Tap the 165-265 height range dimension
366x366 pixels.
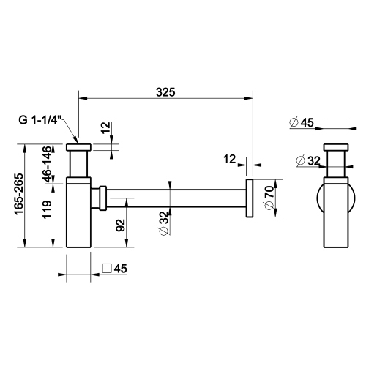(x=20, y=196)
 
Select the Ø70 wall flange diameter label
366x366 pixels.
(x=269, y=198)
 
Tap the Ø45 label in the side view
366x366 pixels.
(x=301, y=123)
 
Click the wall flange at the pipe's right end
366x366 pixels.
(x=249, y=198)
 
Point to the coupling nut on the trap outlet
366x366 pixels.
(x=102, y=197)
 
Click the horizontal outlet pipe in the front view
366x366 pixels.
(x=176, y=197)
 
